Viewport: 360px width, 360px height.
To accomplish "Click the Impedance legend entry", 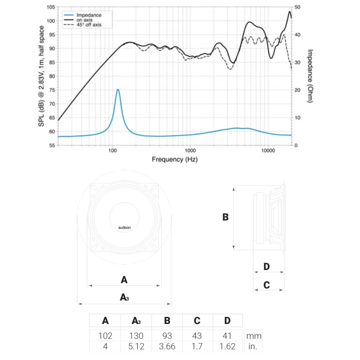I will pyautogui.click(x=89, y=15).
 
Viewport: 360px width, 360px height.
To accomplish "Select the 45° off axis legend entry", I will pyautogui.click(x=89, y=25).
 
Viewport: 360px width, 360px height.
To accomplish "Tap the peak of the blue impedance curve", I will pyautogui.click(x=118, y=90).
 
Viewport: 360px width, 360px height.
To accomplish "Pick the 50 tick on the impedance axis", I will pyautogui.click(x=297, y=8).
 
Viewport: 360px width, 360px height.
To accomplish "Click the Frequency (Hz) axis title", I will pyautogui.click(x=175, y=159).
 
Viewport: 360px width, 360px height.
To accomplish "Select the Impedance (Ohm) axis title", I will pyautogui.click(x=310, y=76).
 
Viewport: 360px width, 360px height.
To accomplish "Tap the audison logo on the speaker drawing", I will pyautogui.click(x=124, y=228).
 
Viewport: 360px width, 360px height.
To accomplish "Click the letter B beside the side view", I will pyautogui.click(x=225, y=217).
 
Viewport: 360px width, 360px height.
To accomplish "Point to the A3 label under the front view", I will pyautogui.click(x=124, y=297).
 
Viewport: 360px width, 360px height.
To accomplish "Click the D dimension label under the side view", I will pyautogui.click(x=266, y=267).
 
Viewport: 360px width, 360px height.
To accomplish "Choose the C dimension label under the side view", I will pyautogui.click(x=266, y=285).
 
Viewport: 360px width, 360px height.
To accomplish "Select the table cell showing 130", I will pyautogui.click(x=136, y=336).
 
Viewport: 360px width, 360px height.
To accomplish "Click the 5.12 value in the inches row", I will pyautogui.click(x=136, y=346).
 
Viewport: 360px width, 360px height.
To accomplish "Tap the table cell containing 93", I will pyautogui.click(x=167, y=336).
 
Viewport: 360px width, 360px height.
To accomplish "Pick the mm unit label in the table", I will pyautogui.click(x=253, y=336).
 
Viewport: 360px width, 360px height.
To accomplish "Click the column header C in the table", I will pyautogui.click(x=197, y=321).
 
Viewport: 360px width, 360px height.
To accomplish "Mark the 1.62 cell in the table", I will pyautogui.click(x=227, y=346).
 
